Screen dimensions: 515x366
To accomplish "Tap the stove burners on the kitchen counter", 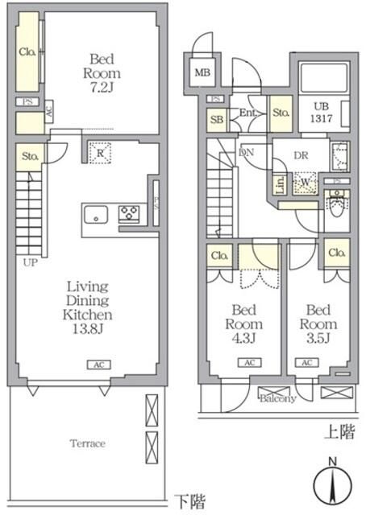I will click(x=129, y=215).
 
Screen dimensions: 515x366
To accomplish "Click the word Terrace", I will click(x=86, y=443).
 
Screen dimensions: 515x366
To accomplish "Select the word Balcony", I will click(x=277, y=398).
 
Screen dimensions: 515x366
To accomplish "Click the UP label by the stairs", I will click(x=30, y=262).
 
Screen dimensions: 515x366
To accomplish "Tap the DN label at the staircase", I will click(x=247, y=151).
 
